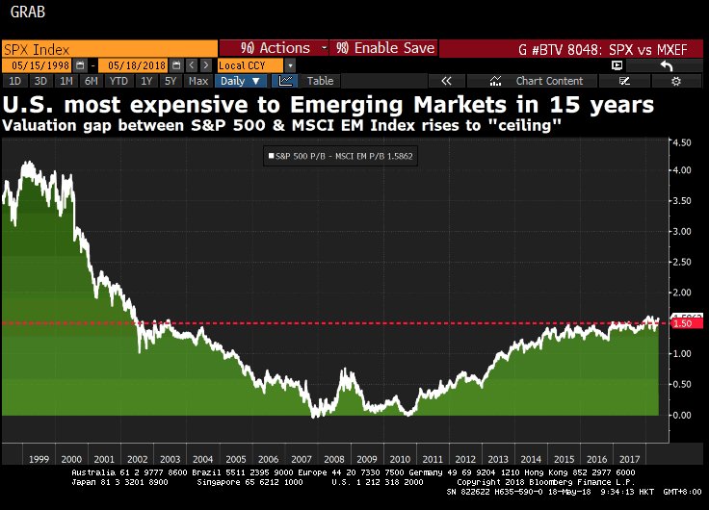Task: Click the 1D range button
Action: click(x=15, y=81)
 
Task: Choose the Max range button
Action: click(x=197, y=81)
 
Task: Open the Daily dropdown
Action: click(x=242, y=81)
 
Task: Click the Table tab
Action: click(x=320, y=81)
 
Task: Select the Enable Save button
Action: click(x=384, y=48)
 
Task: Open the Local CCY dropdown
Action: click(x=249, y=64)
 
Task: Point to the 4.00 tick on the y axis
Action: click(x=684, y=170)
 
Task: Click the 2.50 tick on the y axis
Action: click(x=684, y=262)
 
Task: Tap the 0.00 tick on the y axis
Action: click(x=684, y=415)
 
